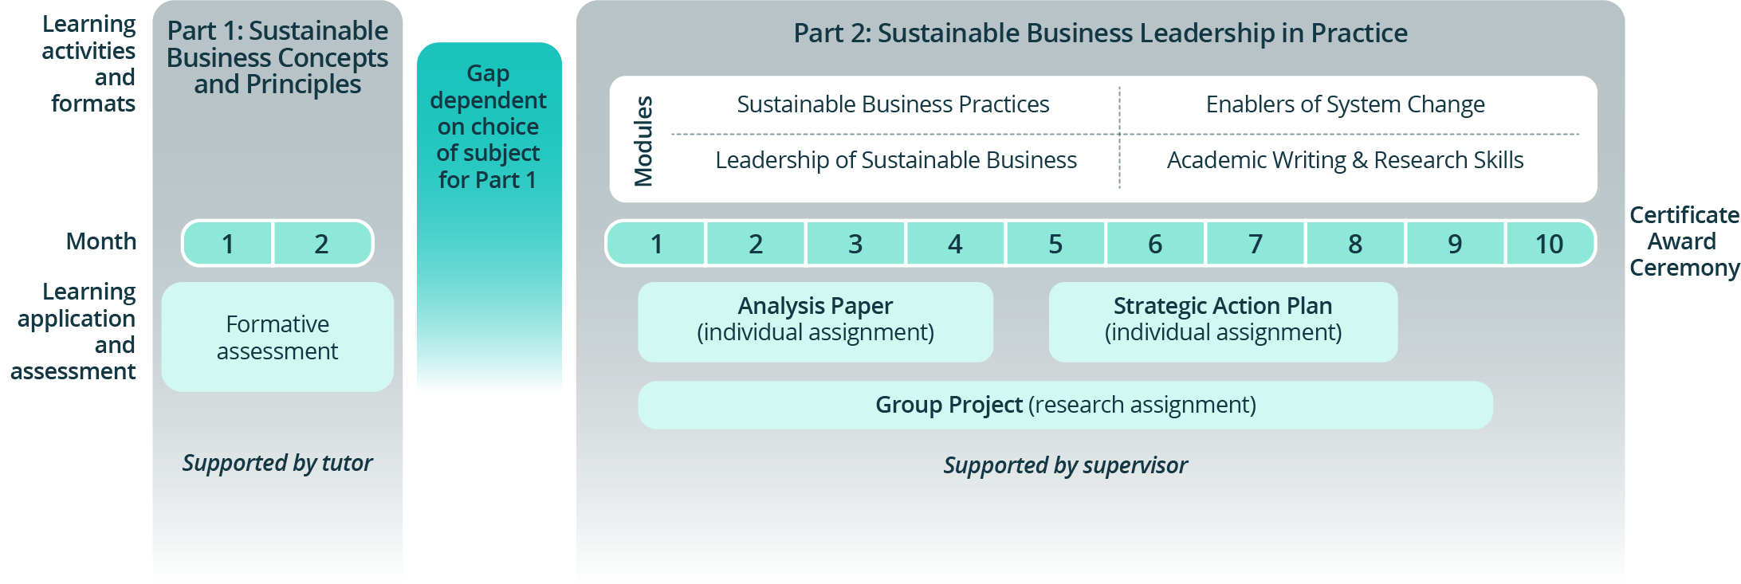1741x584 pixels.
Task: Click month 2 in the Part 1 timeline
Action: (x=322, y=244)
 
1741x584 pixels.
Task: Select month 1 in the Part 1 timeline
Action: (x=229, y=244)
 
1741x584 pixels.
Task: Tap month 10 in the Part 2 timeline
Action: (x=1549, y=244)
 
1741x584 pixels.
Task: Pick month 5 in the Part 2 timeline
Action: (x=1055, y=244)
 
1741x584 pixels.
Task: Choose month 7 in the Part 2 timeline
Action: (x=1256, y=244)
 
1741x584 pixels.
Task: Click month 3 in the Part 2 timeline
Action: (x=855, y=244)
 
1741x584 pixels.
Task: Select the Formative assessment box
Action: (x=277, y=337)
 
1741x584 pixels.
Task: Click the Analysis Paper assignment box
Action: (x=815, y=321)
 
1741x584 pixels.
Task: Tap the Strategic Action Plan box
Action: (x=1223, y=321)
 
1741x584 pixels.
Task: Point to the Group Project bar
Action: (x=1065, y=405)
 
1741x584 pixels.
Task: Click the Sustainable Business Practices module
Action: (x=893, y=104)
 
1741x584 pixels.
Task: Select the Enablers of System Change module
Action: (x=1345, y=104)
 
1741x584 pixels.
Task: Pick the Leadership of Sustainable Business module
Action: (x=896, y=160)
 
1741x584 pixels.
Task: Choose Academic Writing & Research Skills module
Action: (x=1345, y=160)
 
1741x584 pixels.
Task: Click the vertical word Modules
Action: (x=643, y=141)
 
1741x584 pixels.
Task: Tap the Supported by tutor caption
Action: (x=277, y=463)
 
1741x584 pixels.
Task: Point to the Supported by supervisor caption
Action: (x=1065, y=465)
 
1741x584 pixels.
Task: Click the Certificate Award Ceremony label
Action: (x=1683, y=241)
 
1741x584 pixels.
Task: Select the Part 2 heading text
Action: (x=1100, y=33)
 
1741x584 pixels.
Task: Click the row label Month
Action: (x=101, y=241)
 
